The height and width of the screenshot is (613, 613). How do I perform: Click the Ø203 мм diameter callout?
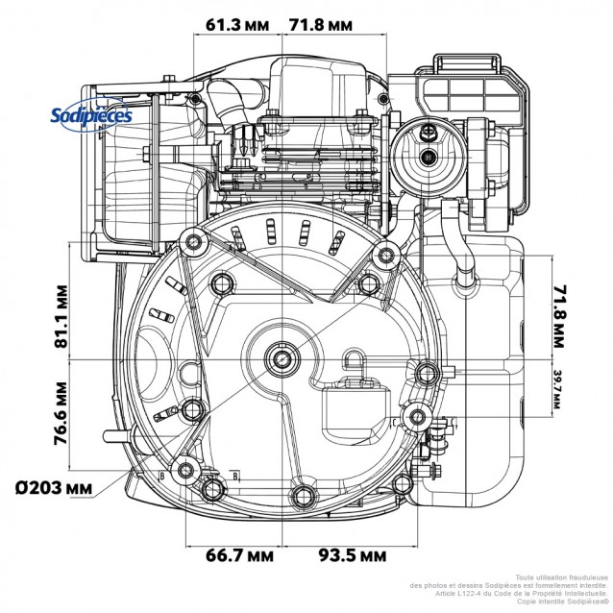point(55,486)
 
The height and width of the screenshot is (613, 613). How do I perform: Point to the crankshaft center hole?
point(284,358)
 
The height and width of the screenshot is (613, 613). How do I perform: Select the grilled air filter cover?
point(476,96)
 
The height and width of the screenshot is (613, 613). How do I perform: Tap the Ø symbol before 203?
point(21,486)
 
